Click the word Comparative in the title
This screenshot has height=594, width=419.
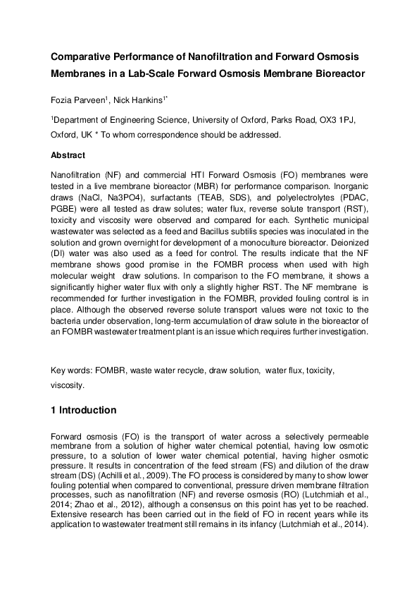coord(82,56)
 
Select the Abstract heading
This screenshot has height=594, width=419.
coord(68,155)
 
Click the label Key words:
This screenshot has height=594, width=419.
coord(72,370)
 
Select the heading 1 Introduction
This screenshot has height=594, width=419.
coord(84,410)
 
